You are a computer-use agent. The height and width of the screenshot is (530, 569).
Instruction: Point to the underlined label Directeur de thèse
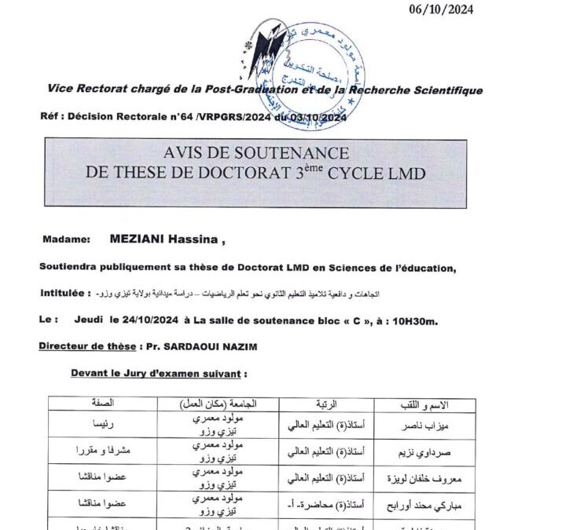pos(86,345)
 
